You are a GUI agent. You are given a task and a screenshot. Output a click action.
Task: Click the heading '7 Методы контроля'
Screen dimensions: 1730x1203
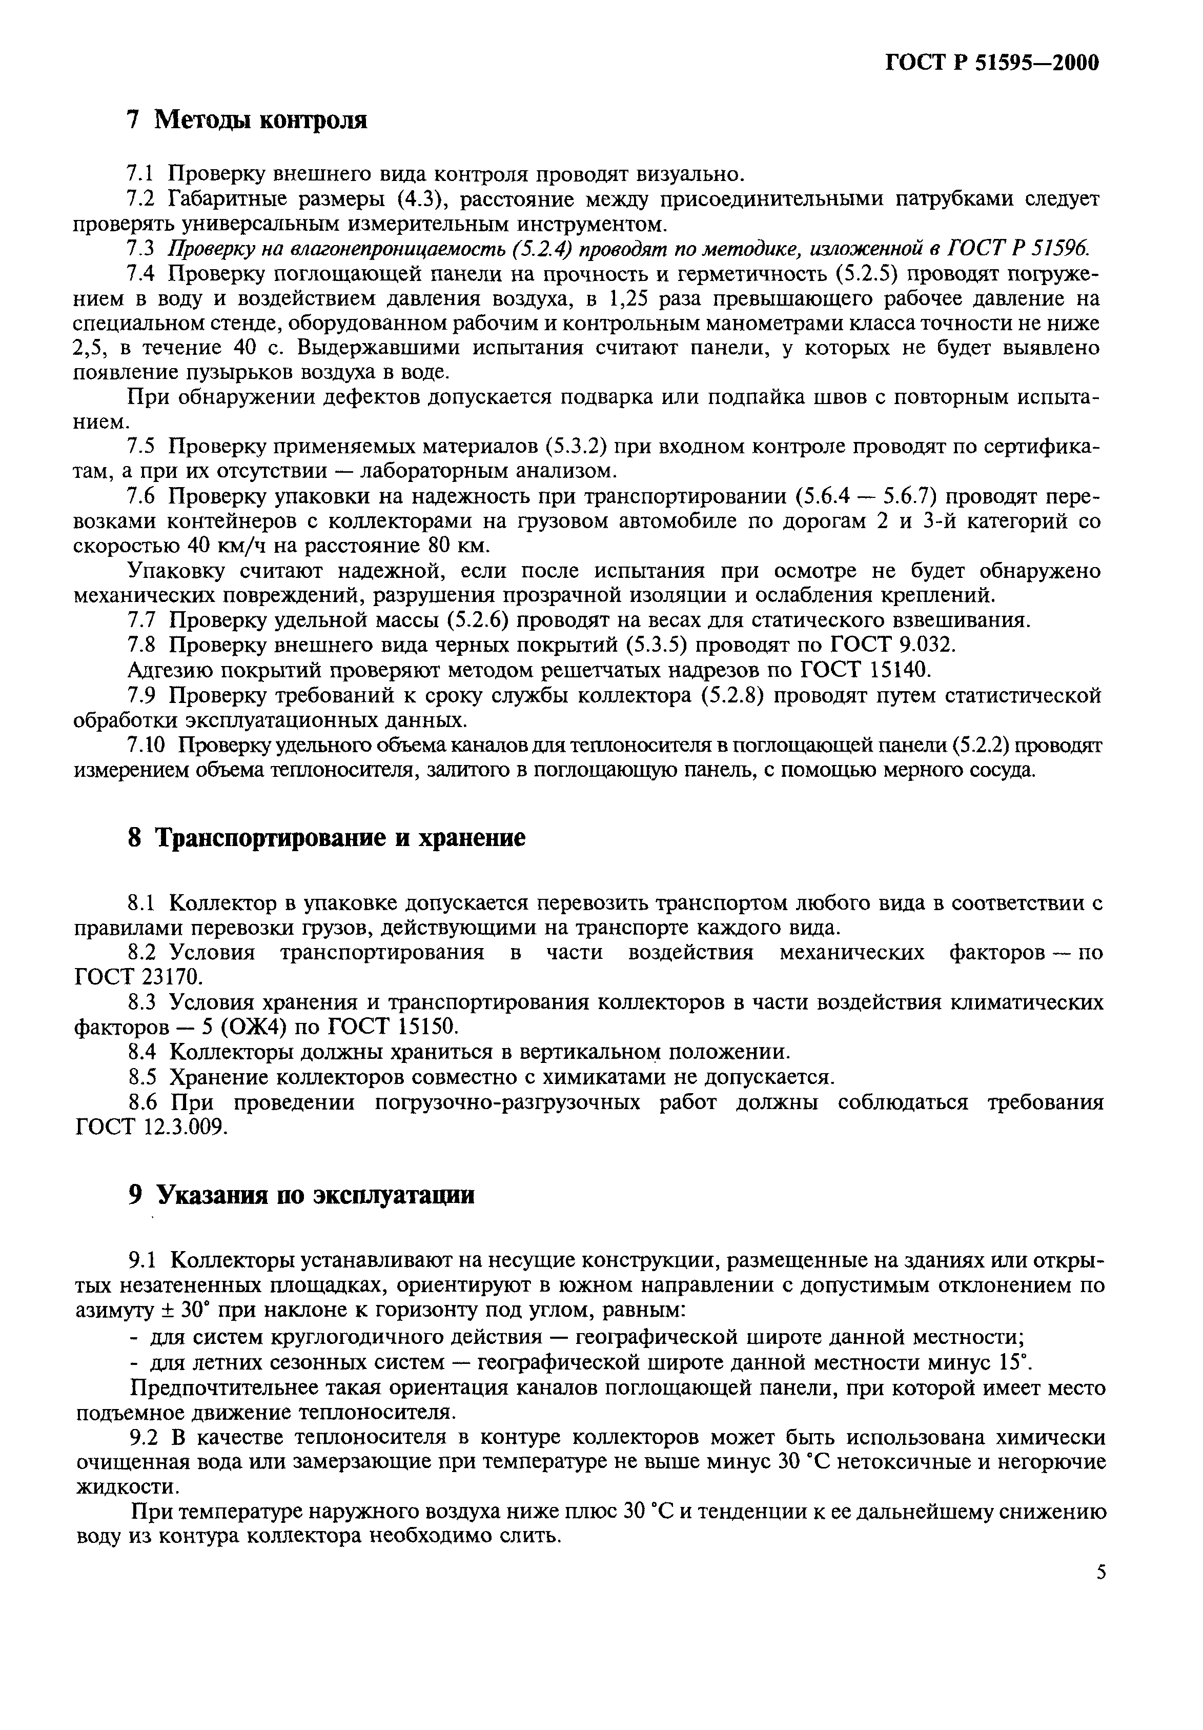click(x=247, y=120)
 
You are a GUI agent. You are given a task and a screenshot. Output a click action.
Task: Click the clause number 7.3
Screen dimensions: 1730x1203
click(x=140, y=249)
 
